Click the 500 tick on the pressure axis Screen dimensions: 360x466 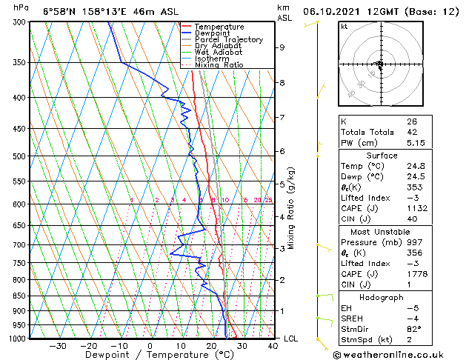21,156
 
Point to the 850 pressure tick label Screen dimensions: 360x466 21,296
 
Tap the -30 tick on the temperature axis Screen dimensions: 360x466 57,345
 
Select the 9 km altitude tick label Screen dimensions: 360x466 282,47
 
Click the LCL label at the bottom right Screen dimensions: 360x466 291,339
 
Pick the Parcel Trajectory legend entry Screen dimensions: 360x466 228,40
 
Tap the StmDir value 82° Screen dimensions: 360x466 414,329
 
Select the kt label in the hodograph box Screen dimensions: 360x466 344,27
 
